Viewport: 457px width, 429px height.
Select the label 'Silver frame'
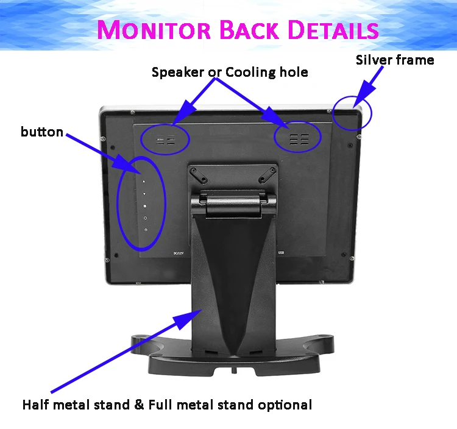[x=395, y=60]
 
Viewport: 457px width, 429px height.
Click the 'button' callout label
[x=42, y=132]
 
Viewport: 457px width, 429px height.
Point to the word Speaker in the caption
[x=177, y=73]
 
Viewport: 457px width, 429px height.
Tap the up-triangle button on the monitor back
[x=144, y=182]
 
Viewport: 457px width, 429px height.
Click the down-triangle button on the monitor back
[x=144, y=194]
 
